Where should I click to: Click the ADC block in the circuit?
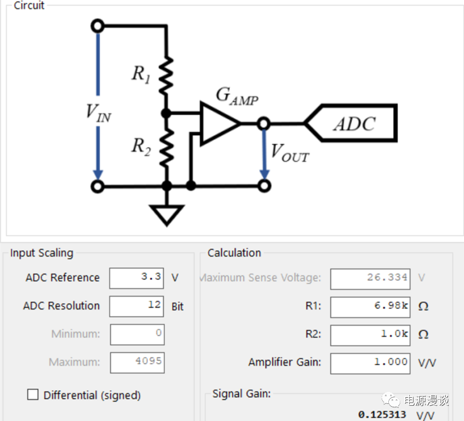(x=355, y=124)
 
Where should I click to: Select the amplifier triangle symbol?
(x=218, y=123)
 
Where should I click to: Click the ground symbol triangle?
(x=167, y=214)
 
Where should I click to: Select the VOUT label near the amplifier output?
(x=290, y=152)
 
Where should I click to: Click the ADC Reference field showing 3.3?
(x=137, y=278)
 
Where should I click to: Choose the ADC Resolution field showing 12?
(x=137, y=306)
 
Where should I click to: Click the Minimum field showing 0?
(x=137, y=334)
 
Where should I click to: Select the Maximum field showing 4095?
(x=137, y=362)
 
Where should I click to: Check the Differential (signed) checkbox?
(x=33, y=395)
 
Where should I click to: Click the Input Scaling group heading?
(x=42, y=253)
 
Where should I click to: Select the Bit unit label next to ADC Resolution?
(x=178, y=307)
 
